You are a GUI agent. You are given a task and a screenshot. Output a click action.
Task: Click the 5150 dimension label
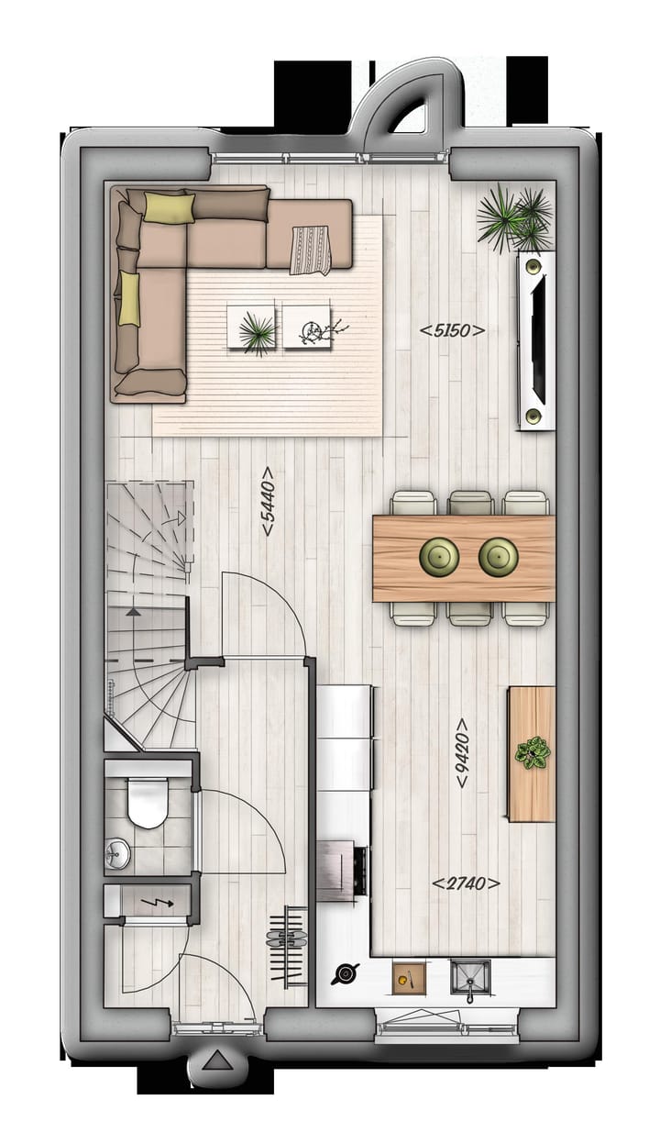coord(452,330)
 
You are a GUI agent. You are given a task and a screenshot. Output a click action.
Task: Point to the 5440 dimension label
coord(268,503)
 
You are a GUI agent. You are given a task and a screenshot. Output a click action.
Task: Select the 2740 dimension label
coord(466,883)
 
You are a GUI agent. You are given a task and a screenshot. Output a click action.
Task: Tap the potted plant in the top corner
coord(515,217)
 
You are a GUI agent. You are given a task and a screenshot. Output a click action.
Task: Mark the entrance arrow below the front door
coord(216,1062)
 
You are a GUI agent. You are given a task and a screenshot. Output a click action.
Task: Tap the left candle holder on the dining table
coord(439,554)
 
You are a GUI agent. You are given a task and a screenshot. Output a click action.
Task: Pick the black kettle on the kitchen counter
coord(346,975)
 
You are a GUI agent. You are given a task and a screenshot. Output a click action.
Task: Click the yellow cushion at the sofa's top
coord(169,209)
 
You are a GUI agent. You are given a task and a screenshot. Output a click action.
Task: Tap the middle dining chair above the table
coord(471,503)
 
